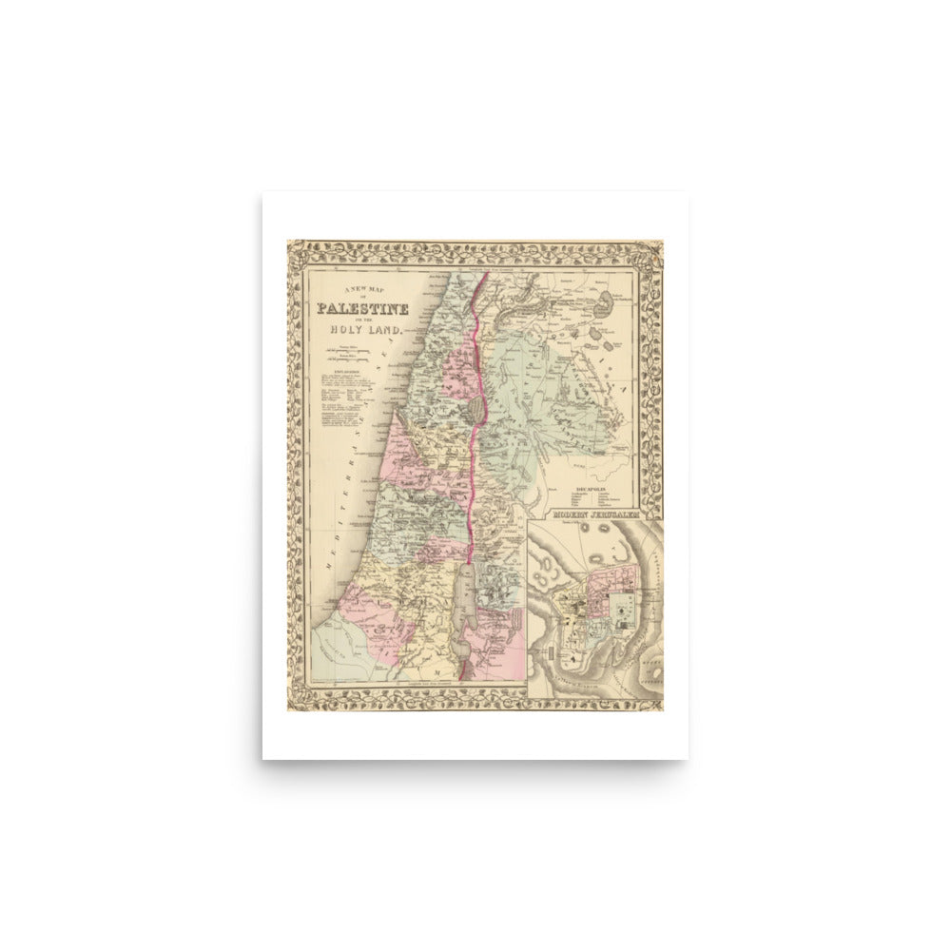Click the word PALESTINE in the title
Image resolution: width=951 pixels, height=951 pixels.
point(363,309)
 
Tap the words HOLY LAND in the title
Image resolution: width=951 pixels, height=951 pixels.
point(367,329)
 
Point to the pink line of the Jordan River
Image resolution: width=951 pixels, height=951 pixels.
point(471,475)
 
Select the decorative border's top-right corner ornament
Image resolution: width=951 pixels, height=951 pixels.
point(654,250)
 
